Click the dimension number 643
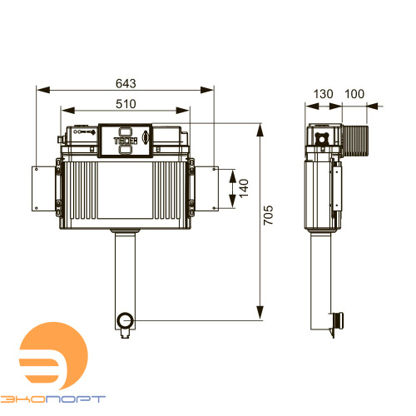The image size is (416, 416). click(126, 83)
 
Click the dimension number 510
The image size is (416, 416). click(126, 104)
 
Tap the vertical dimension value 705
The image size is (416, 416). click(268, 215)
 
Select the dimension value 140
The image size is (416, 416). click(244, 188)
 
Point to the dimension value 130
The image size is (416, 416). click(323, 94)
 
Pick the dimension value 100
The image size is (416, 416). click(354, 94)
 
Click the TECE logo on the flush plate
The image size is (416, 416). click(126, 141)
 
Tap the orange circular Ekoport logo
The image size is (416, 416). click(53, 356)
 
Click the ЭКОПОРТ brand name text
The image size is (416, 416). click(52, 399)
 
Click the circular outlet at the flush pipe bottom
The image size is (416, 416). click(126, 320)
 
